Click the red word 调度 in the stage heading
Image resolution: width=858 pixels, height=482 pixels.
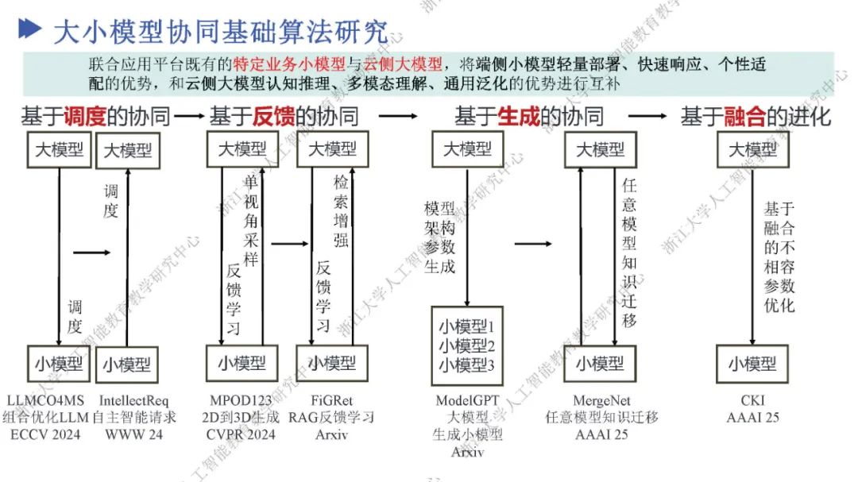coord(85,118)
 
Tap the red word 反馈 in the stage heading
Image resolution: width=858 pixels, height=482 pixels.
coord(274,118)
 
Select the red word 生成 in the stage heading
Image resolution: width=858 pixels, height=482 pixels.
coord(519,118)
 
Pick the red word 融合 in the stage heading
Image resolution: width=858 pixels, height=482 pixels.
coord(744,118)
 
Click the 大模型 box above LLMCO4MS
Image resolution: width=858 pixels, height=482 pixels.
coord(59,150)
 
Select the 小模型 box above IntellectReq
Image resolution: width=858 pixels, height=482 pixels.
coord(127,364)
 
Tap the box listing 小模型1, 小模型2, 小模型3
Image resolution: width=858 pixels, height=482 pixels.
coord(467,345)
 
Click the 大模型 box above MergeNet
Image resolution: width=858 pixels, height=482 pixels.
coord(600,150)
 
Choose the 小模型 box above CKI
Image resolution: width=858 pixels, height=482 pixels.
coord(752,364)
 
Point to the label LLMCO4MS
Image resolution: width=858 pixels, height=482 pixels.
coord(46,401)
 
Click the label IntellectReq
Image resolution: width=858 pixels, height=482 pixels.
coord(133,401)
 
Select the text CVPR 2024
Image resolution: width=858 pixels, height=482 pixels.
coord(242,434)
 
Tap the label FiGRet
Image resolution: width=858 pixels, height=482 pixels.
coord(331,401)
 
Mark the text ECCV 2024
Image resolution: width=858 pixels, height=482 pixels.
coord(46,434)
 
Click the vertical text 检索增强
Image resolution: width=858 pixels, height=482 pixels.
coord(341,211)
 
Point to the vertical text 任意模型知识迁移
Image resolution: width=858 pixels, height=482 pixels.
coord(629,253)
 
